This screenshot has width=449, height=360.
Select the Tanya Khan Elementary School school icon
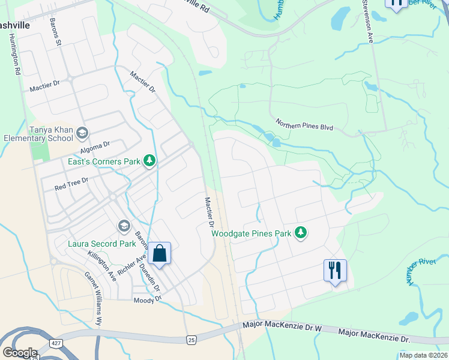point(82,133)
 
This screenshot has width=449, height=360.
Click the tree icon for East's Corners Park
point(149,161)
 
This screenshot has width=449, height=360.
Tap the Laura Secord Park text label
point(101,244)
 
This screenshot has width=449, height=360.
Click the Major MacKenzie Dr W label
point(283,326)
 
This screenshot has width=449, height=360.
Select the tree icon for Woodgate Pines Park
point(301,233)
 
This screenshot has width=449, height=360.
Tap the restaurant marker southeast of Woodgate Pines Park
point(335,270)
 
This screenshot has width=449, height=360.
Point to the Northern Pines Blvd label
point(304,125)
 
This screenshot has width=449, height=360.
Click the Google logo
point(20,353)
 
